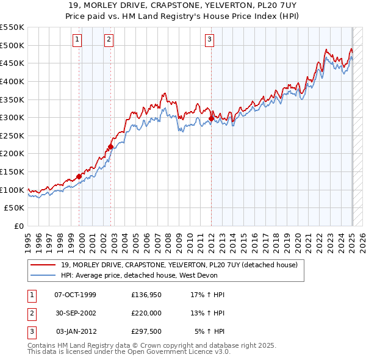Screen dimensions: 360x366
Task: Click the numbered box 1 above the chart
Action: tap(78, 40)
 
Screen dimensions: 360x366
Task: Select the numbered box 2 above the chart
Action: tap(109, 40)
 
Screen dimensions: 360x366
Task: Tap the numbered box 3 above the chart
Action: tap(209, 40)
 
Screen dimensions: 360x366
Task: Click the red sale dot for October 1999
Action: tap(79, 176)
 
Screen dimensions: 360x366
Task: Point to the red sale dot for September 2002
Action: tap(111, 146)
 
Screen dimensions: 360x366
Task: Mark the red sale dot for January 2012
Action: tap(211, 118)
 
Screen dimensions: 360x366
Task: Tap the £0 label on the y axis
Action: tap(19, 226)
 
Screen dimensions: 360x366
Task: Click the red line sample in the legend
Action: tap(44, 265)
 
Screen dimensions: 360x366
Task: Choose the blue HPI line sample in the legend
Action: tap(44, 275)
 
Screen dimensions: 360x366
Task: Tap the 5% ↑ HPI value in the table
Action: tap(209, 331)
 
